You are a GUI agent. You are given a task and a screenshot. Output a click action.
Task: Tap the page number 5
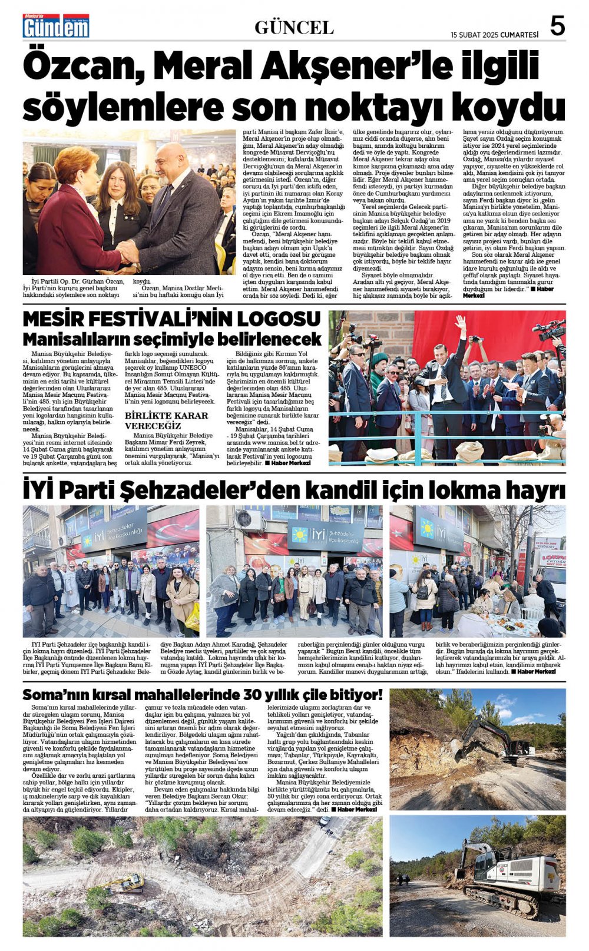click(x=557, y=26)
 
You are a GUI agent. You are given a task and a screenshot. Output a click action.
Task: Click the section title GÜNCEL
click(x=294, y=27)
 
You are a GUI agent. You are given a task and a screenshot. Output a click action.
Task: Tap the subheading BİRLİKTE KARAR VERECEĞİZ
click(x=167, y=420)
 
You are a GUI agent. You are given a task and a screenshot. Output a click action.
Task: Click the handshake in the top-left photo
click(x=128, y=252)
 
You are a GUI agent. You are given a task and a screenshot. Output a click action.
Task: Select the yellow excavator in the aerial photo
click(x=124, y=883)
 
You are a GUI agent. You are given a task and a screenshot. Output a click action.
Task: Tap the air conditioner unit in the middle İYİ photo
click(x=249, y=519)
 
